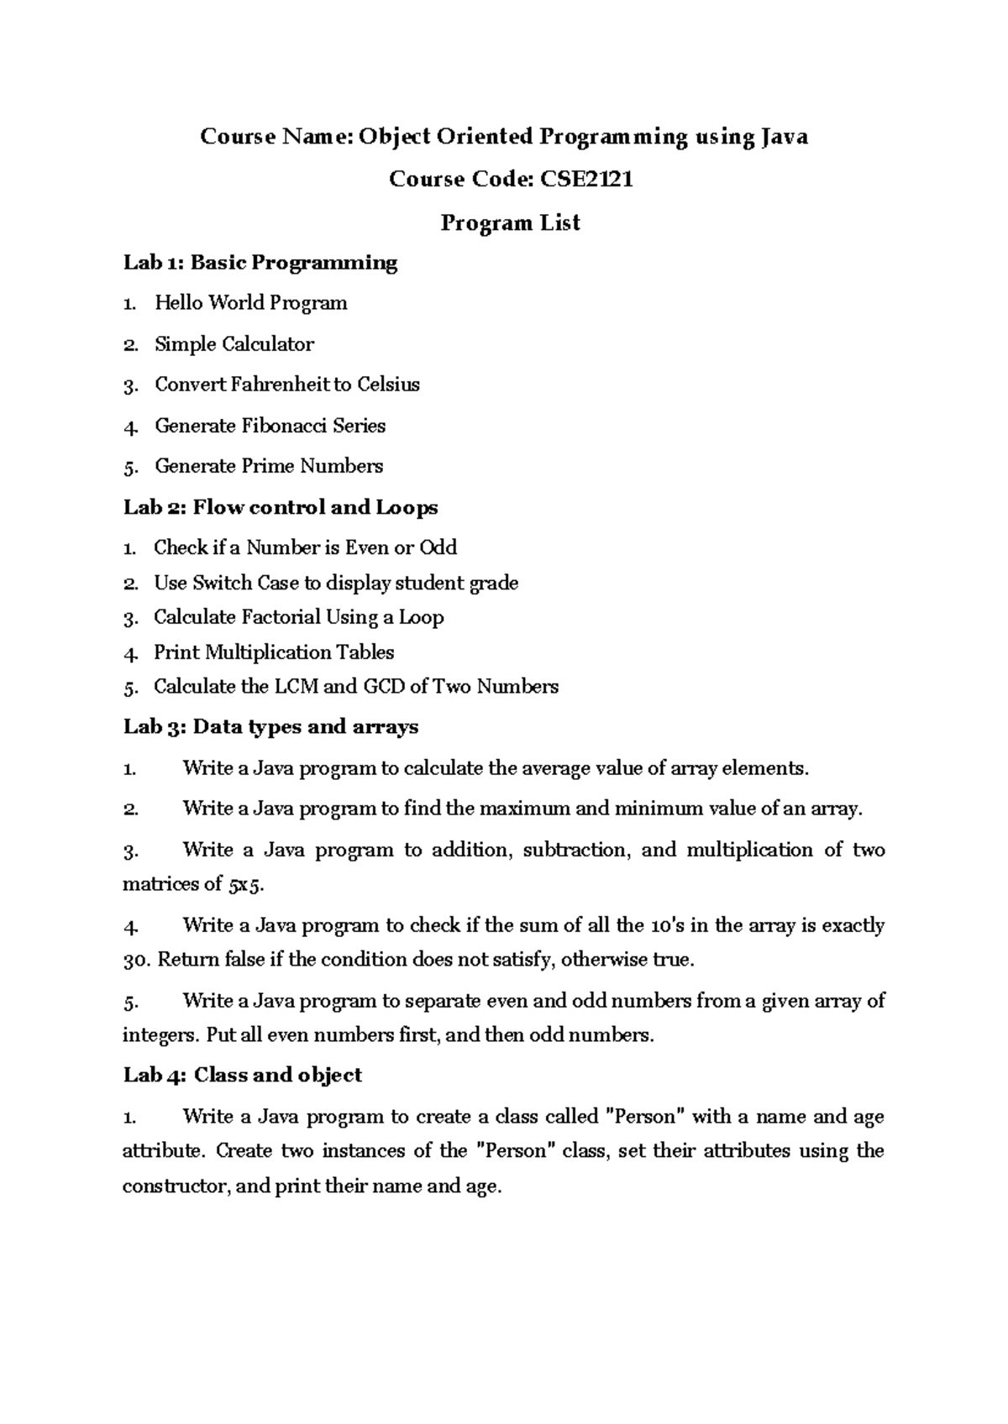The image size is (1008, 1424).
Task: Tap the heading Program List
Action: coord(511,222)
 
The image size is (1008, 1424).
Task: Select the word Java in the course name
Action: coord(784,136)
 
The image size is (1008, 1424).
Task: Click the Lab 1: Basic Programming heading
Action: coord(260,263)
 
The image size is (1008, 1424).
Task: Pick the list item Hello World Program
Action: coord(250,303)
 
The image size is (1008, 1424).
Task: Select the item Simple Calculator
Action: coord(234,344)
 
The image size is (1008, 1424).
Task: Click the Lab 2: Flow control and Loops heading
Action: coord(281,507)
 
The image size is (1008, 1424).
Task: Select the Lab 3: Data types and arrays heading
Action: coord(270,726)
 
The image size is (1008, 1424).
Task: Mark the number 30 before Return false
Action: coord(135,960)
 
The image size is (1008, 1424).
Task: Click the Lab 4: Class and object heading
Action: coord(242,1076)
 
